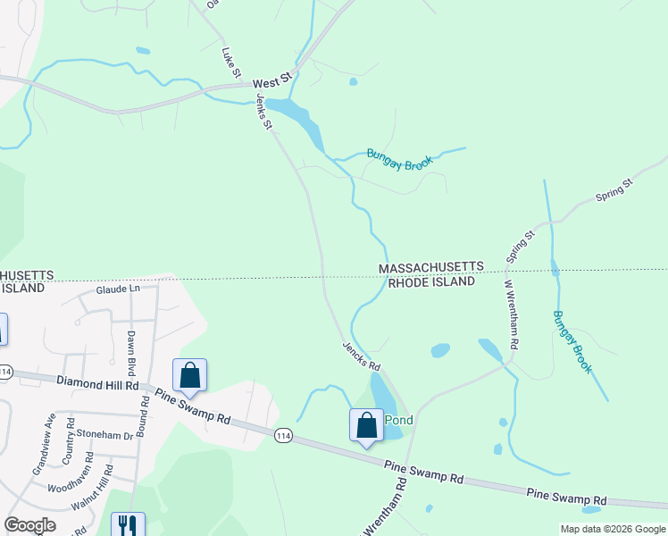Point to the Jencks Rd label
[362, 355]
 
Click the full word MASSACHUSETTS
[431, 268]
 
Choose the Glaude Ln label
[118, 289]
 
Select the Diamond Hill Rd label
[97, 384]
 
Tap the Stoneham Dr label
[104, 435]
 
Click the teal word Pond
[398, 420]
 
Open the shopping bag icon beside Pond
[366, 425]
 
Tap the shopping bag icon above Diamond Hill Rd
[189, 374]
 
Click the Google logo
[30, 525]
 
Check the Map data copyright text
[612, 529]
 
